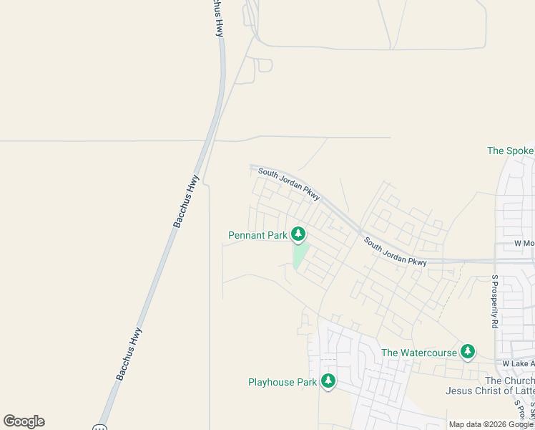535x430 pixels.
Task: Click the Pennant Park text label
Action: click(x=257, y=235)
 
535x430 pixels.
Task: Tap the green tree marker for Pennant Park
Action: click(x=298, y=234)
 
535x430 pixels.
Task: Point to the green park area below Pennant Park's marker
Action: click(x=300, y=255)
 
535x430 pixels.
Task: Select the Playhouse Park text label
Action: click(x=282, y=382)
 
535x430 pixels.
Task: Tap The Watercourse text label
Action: click(x=418, y=353)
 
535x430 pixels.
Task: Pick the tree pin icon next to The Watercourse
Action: click(x=467, y=351)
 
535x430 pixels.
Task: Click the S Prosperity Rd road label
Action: click(x=494, y=301)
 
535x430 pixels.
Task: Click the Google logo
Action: click(x=24, y=421)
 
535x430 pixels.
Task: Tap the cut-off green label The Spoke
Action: click(x=510, y=151)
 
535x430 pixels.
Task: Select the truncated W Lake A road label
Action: click(x=518, y=364)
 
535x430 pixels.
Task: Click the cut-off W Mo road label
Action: click(x=524, y=244)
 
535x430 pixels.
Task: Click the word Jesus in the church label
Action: click(x=460, y=391)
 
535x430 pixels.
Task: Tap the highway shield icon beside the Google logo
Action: click(x=99, y=427)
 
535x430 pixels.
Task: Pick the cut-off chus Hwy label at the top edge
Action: click(x=217, y=18)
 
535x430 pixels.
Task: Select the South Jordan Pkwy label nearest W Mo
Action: click(x=395, y=252)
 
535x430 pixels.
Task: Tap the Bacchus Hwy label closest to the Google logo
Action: click(x=129, y=353)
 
